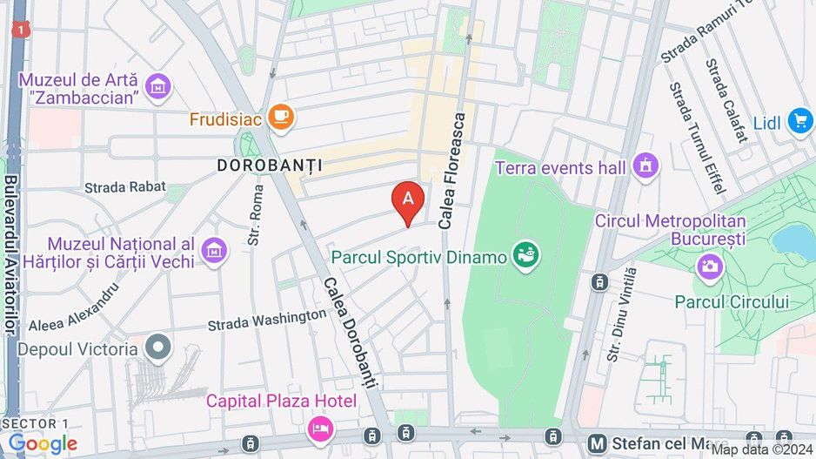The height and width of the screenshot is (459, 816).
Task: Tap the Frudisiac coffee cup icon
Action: pos(281,117)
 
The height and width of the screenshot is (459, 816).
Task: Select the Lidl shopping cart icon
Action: pos(799,121)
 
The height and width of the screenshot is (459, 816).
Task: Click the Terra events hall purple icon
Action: pos(645,165)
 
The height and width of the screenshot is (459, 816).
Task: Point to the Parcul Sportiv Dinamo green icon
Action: pos(525,254)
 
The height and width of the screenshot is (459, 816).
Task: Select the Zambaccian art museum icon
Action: pos(159,86)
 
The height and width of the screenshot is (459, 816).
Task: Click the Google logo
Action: pos(43,444)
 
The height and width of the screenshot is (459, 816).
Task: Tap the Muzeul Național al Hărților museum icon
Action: pos(213,251)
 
